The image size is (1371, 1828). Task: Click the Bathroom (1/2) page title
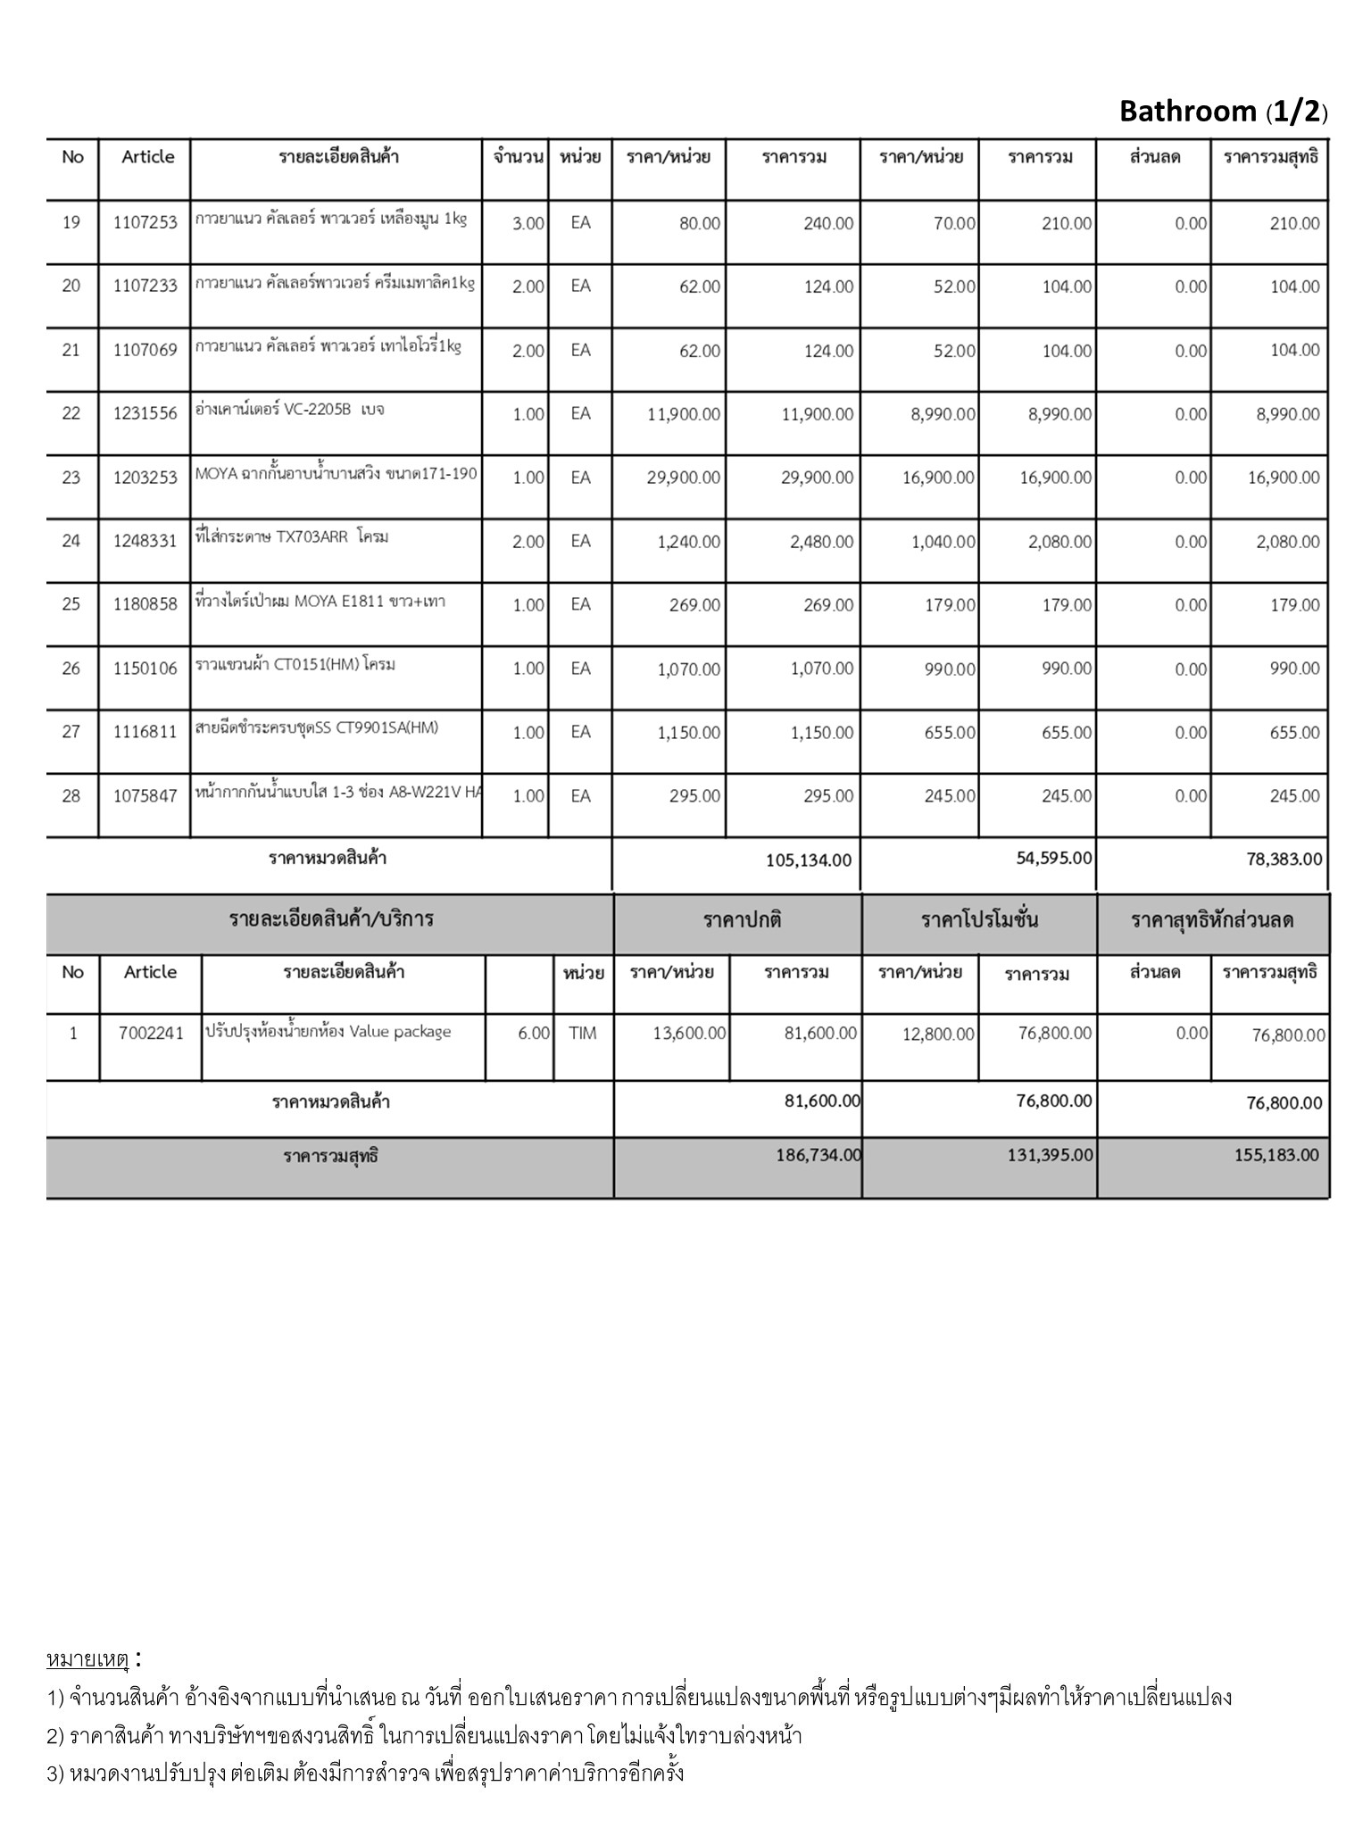click(x=1223, y=112)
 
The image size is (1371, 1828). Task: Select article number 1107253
click(x=145, y=223)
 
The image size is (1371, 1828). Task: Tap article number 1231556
click(x=145, y=413)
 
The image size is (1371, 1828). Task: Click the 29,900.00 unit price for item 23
click(x=684, y=478)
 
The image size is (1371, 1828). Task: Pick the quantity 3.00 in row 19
click(x=528, y=223)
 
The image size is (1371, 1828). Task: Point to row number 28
click(x=71, y=796)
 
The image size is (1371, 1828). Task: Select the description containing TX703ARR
click(x=292, y=537)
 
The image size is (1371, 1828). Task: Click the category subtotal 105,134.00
click(x=809, y=860)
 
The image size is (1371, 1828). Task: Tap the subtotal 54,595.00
click(x=1053, y=858)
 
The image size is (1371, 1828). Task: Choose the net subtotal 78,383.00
click(x=1284, y=860)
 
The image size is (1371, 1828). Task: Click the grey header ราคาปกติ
click(x=742, y=920)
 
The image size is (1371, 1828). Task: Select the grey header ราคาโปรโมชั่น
click(x=979, y=920)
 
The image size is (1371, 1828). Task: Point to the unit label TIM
click(x=583, y=1034)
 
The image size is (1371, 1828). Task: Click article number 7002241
click(x=151, y=1034)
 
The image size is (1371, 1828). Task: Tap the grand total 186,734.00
click(x=818, y=1155)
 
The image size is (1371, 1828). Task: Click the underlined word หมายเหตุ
click(x=87, y=1660)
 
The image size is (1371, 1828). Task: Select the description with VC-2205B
click(x=290, y=411)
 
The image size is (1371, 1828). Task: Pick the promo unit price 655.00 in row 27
click(x=950, y=733)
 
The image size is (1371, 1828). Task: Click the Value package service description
click(x=328, y=1032)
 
